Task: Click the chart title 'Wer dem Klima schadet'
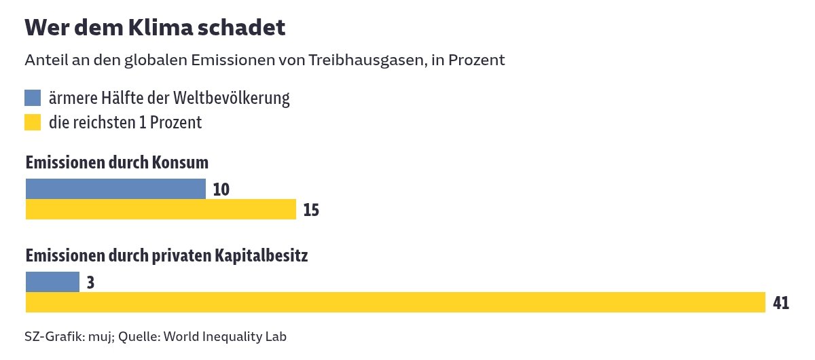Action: pos(155,28)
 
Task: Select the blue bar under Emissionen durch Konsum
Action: pos(115,189)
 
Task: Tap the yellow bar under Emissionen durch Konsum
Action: pos(161,209)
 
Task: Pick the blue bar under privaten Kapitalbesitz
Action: pos(52,282)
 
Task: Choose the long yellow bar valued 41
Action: pos(395,302)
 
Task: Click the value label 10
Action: pos(221,190)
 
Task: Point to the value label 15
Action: pos(311,210)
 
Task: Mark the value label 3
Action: pos(90,283)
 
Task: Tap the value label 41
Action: pos(780,303)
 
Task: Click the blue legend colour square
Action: pos(33,98)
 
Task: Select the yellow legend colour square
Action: pos(33,122)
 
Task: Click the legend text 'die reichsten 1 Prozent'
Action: pos(125,122)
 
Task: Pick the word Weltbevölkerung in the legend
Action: pos(232,98)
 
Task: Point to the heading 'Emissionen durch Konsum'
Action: pos(117,163)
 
